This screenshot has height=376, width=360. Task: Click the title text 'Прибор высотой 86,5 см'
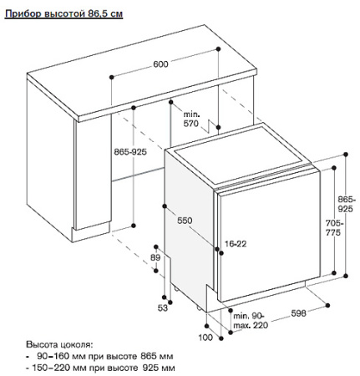click(63, 13)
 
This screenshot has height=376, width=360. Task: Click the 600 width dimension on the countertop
click(160, 64)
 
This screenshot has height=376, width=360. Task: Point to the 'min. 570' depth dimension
click(191, 119)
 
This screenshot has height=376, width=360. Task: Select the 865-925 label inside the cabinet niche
click(130, 152)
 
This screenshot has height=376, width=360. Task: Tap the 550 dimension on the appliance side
click(185, 221)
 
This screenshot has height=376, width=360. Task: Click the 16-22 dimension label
click(236, 244)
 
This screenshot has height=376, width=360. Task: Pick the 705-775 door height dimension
click(334, 228)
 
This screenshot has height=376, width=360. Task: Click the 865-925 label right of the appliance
click(345, 204)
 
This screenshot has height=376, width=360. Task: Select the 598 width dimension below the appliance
click(298, 313)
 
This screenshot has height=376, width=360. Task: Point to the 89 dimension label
click(155, 258)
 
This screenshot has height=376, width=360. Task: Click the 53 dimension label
click(163, 308)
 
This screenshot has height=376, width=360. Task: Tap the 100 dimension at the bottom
click(205, 338)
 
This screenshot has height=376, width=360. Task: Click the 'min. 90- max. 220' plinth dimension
click(251, 321)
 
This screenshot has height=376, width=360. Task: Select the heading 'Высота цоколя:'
click(59, 345)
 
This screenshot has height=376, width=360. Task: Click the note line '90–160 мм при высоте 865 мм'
click(104, 356)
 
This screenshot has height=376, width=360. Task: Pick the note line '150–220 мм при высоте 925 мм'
click(104, 368)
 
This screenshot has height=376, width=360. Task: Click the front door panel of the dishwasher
click(269, 236)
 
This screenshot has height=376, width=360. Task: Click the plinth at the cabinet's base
click(91, 231)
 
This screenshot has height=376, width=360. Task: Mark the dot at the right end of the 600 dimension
click(218, 49)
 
